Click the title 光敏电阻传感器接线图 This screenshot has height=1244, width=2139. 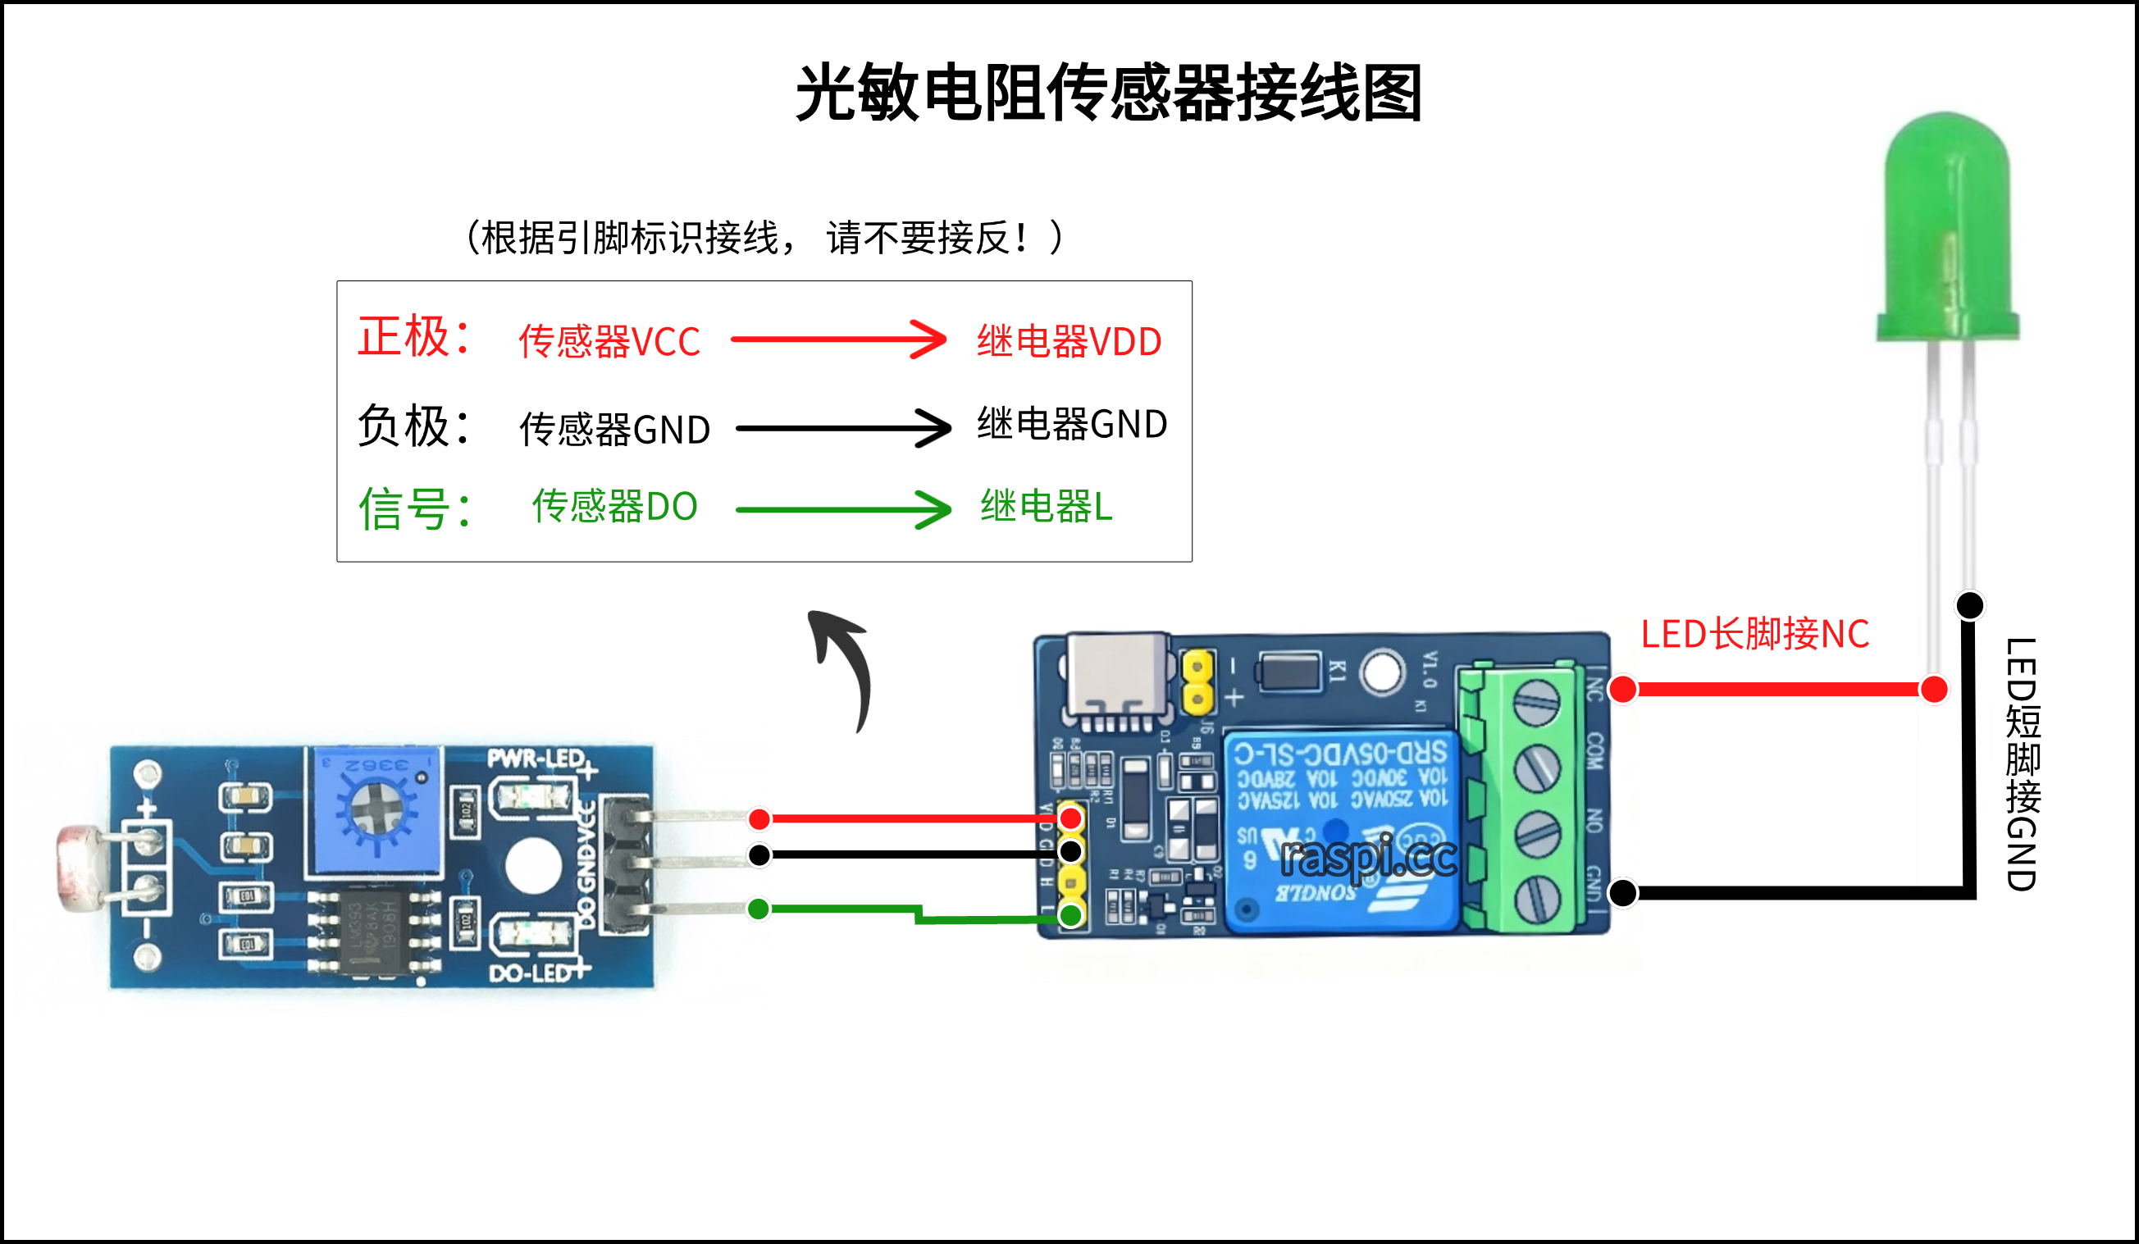[x=1109, y=93]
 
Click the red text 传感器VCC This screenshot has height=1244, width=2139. [x=609, y=341]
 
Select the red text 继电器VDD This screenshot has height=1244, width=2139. [x=1069, y=341]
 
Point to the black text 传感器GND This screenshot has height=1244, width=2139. [x=614, y=430]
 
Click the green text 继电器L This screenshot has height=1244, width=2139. [x=1046, y=507]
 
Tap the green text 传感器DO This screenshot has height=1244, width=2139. [x=614, y=507]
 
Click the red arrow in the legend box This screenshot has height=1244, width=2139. [x=839, y=339]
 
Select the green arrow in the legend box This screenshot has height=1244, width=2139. [x=843, y=509]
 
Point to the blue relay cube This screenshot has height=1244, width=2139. [x=1341, y=832]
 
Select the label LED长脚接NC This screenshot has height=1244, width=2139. [x=1754, y=635]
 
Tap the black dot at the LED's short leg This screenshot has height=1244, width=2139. [x=1969, y=605]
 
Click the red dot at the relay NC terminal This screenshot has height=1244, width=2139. [x=1623, y=689]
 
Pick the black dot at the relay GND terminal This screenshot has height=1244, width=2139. [x=1623, y=893]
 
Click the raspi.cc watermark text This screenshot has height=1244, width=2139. [x=1367, y=857]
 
